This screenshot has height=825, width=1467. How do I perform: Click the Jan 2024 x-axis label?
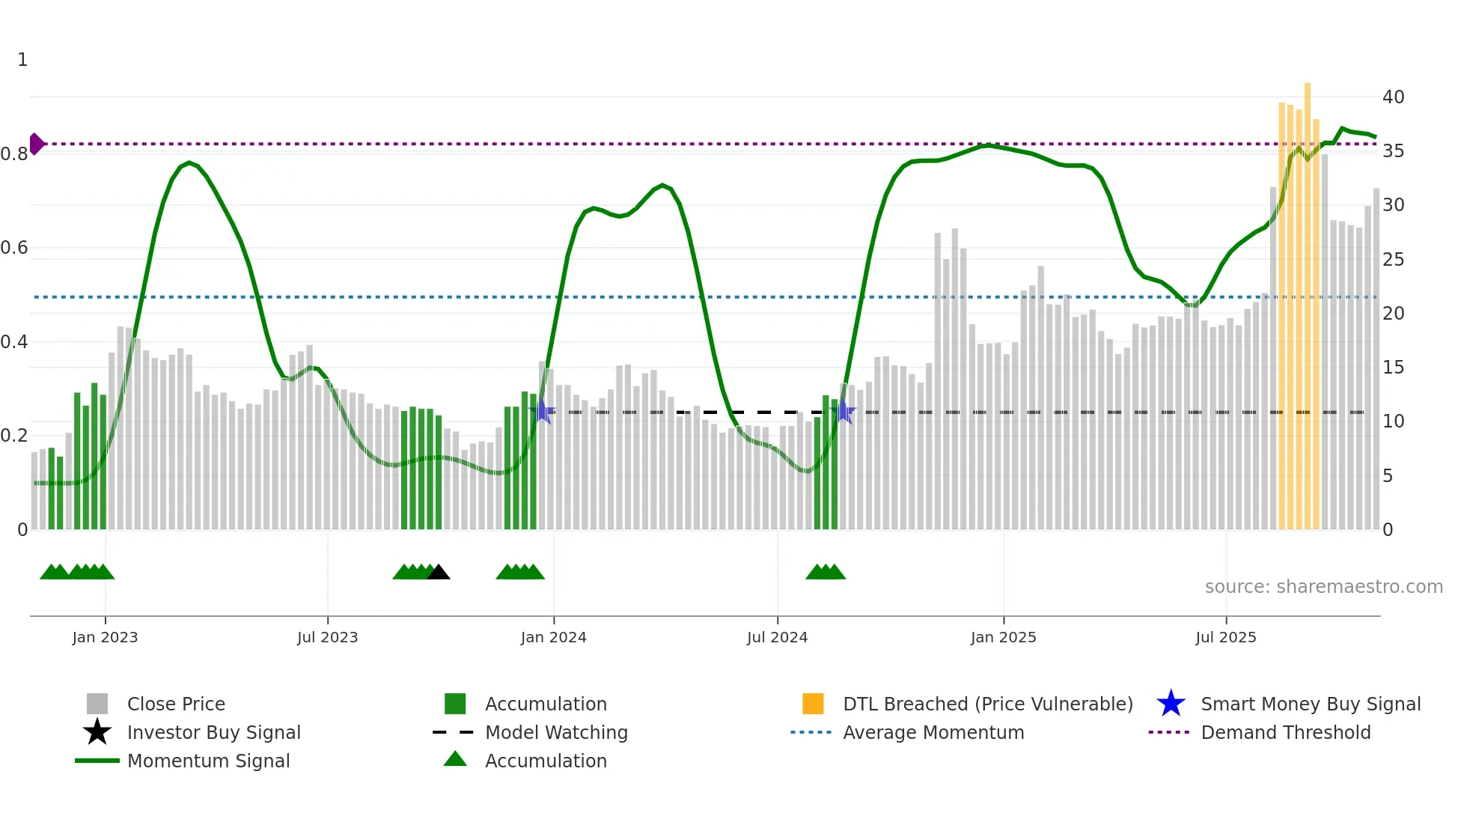tap(553, 637)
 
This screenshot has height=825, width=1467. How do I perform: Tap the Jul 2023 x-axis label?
tap(327, 637)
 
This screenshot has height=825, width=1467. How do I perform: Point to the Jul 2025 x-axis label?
tap(1225, 637)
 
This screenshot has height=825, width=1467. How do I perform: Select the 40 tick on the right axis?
tap(1393, 97)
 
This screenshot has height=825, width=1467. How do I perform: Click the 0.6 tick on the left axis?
tap(15, 248)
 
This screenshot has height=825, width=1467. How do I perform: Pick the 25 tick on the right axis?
tap(1393, 260)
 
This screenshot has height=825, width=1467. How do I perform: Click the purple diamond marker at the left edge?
tap(36, 144)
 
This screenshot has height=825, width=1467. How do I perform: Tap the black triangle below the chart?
tap(439, 573)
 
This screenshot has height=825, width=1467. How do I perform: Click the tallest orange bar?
tap(1308, 299)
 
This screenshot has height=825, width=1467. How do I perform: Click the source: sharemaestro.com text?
tap(1323, 586)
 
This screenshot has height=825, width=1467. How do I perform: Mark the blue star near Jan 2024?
tap(543, 411)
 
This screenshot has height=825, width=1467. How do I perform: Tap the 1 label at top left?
tap(22, 60)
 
